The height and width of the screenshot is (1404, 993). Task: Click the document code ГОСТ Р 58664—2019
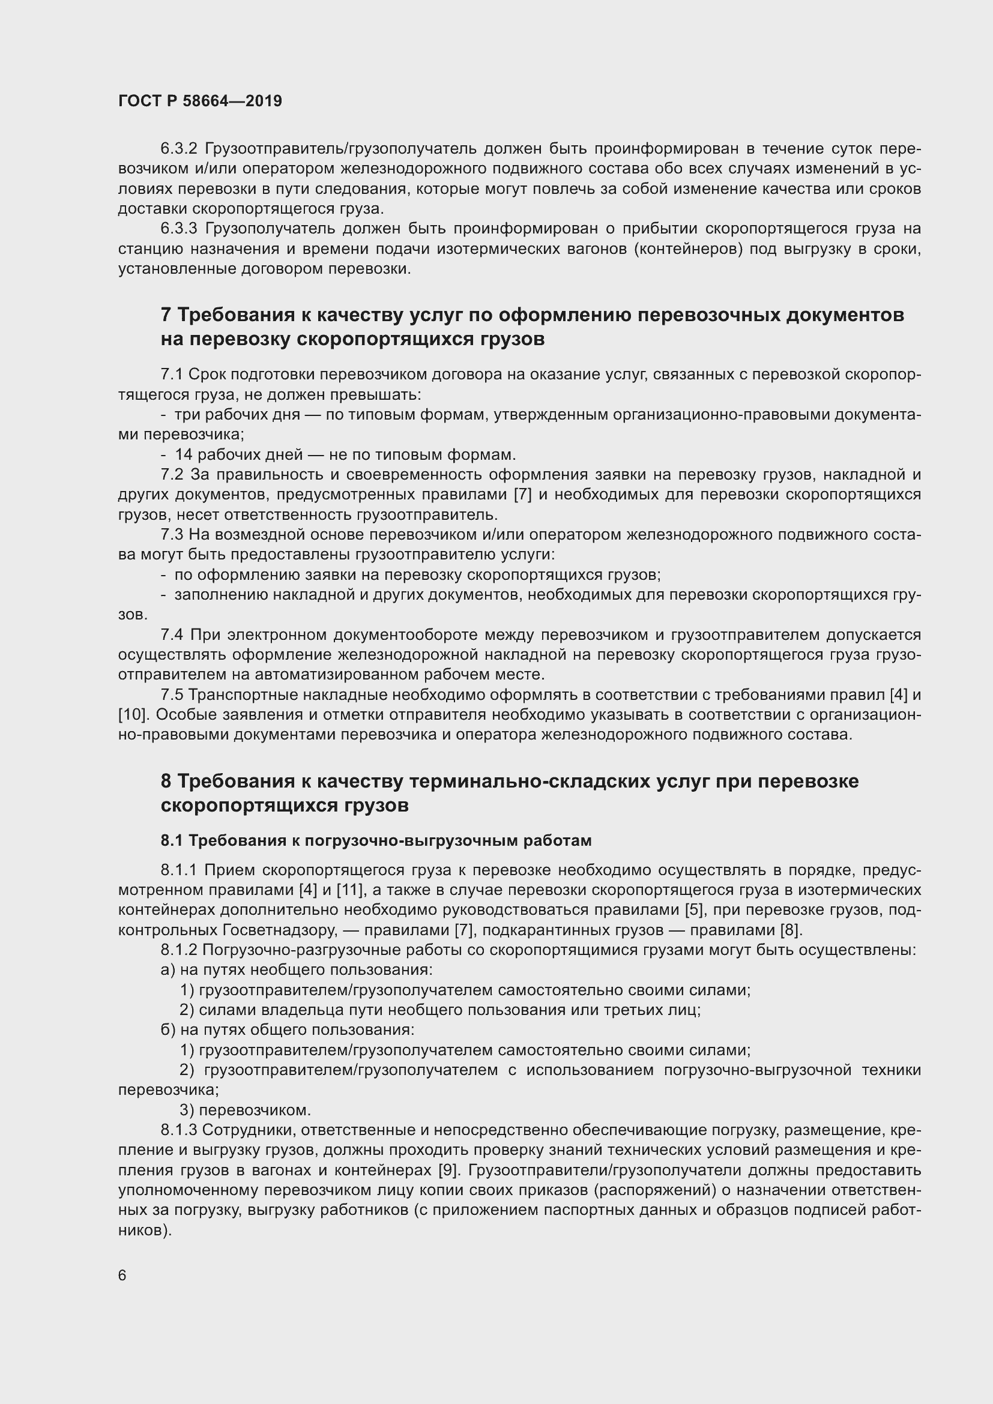coord(200,101)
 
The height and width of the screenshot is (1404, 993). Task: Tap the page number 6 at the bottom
coord(122,1275)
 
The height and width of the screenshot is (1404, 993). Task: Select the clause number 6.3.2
coord(178,149)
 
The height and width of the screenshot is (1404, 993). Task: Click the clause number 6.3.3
coord(178,229)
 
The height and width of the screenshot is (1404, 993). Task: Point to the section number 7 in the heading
coord(166,315)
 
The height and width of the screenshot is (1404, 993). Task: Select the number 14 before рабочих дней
coord(184,454)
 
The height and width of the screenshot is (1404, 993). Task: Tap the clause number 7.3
coord(172,534)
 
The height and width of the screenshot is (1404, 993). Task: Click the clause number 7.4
coord(172,634)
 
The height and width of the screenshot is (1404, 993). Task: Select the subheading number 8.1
coord(172,841)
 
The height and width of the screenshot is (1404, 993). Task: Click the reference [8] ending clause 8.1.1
coord(790,930)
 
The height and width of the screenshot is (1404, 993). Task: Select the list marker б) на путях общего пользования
coord(168,1030)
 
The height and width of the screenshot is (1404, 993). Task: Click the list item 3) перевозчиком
coord(245,1110)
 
